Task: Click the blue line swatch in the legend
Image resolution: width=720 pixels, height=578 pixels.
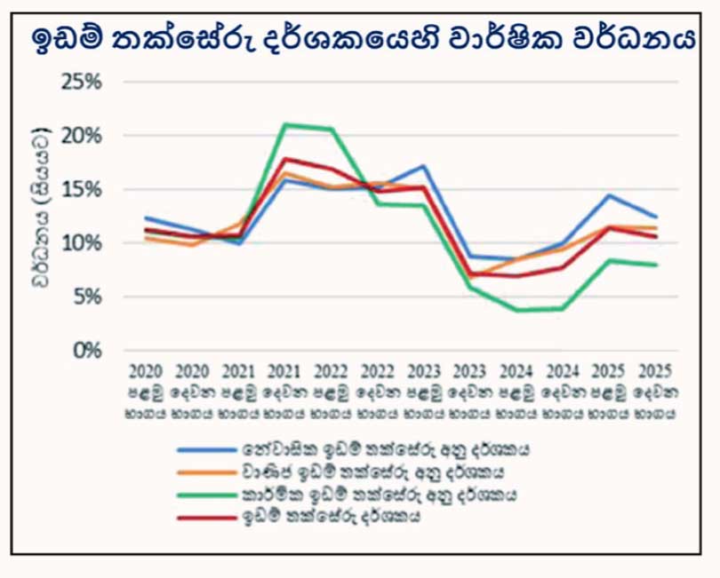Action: (205, 450)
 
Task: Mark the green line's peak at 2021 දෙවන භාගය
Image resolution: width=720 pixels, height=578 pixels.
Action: (284, 124)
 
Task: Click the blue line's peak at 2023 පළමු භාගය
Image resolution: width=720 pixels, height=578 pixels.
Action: (425, 166)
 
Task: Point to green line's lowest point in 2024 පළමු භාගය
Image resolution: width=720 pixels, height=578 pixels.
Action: (517, 310)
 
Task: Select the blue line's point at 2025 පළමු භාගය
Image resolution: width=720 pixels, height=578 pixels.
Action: (609, 195)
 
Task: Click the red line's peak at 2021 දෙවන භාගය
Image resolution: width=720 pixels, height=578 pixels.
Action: (284, 159)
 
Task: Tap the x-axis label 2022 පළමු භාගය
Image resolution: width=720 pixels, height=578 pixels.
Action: (331, 391)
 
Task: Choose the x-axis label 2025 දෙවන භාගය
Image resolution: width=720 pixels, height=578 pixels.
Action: (656, 391)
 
